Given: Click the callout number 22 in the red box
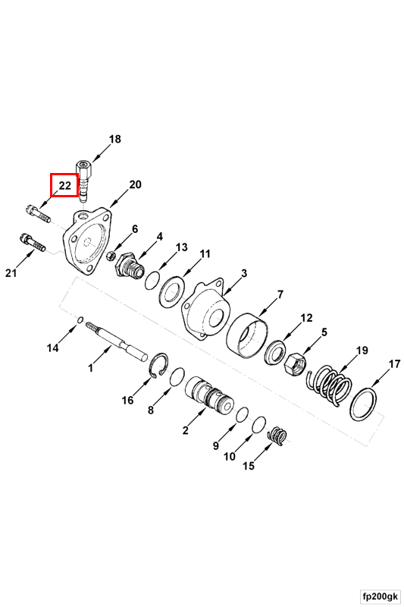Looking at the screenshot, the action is (x=65, y=185).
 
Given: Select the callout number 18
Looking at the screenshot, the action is (x=114, y=139).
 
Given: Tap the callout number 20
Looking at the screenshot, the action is (x=135, y=184).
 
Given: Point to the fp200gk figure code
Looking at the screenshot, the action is (x=379, y=595).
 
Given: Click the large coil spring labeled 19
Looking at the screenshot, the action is (x=330, y=385).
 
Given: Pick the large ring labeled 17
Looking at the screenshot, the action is (x=363, y=404).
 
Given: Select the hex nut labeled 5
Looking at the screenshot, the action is (x=296, y=365).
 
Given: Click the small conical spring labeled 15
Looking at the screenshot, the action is (x=277, y=436).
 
